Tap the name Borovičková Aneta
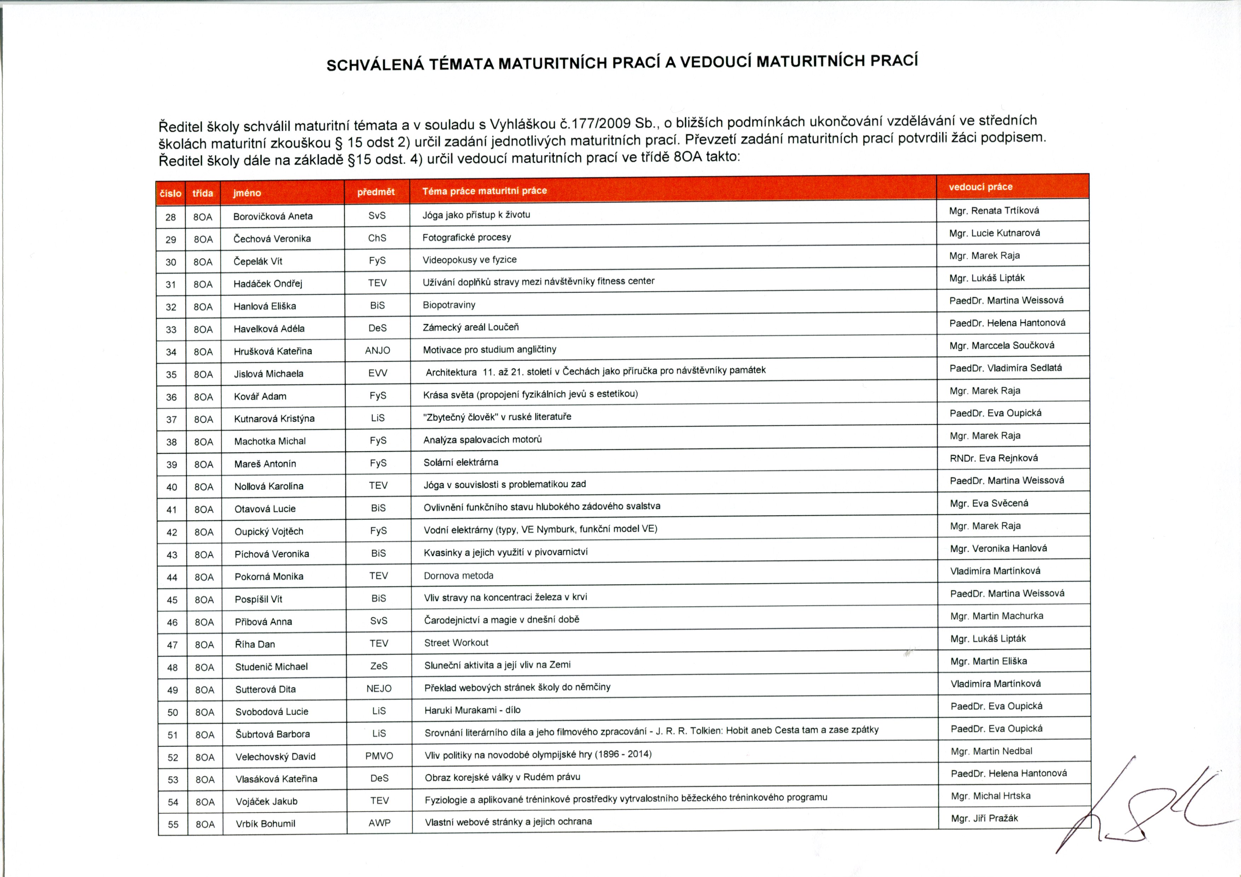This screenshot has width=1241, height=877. click(273, 216)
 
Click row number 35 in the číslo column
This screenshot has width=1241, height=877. click(171, 374)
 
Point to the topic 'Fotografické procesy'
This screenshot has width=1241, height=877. click(466, 237)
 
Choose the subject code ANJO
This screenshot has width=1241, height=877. click(377, 351)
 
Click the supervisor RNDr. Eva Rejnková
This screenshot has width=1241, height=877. click(993, 458)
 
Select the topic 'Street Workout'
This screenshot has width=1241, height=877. click(456, 643)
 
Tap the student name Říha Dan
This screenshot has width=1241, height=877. click(255, 644)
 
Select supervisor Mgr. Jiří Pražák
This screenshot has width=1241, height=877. click(984, 818)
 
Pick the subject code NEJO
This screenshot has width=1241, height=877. click(379, 689)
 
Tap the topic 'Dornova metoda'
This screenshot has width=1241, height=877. click(458, 575)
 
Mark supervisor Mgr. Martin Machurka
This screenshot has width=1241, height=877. click(997, 616)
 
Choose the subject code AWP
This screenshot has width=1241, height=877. click(379, 823)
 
